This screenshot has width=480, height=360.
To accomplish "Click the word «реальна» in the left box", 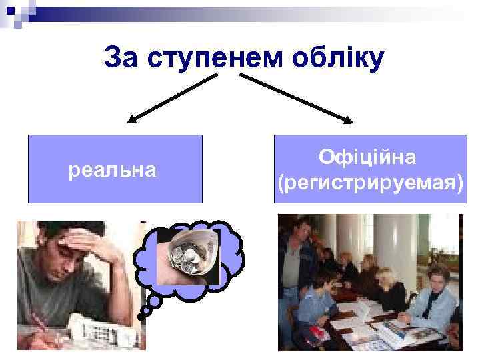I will tap(113, 171).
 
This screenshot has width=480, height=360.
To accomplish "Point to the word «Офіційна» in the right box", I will tap(368, 157).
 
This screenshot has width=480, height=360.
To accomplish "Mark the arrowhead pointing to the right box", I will tap(349, 121).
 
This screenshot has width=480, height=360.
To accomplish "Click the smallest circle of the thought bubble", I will tap(143, 311).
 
